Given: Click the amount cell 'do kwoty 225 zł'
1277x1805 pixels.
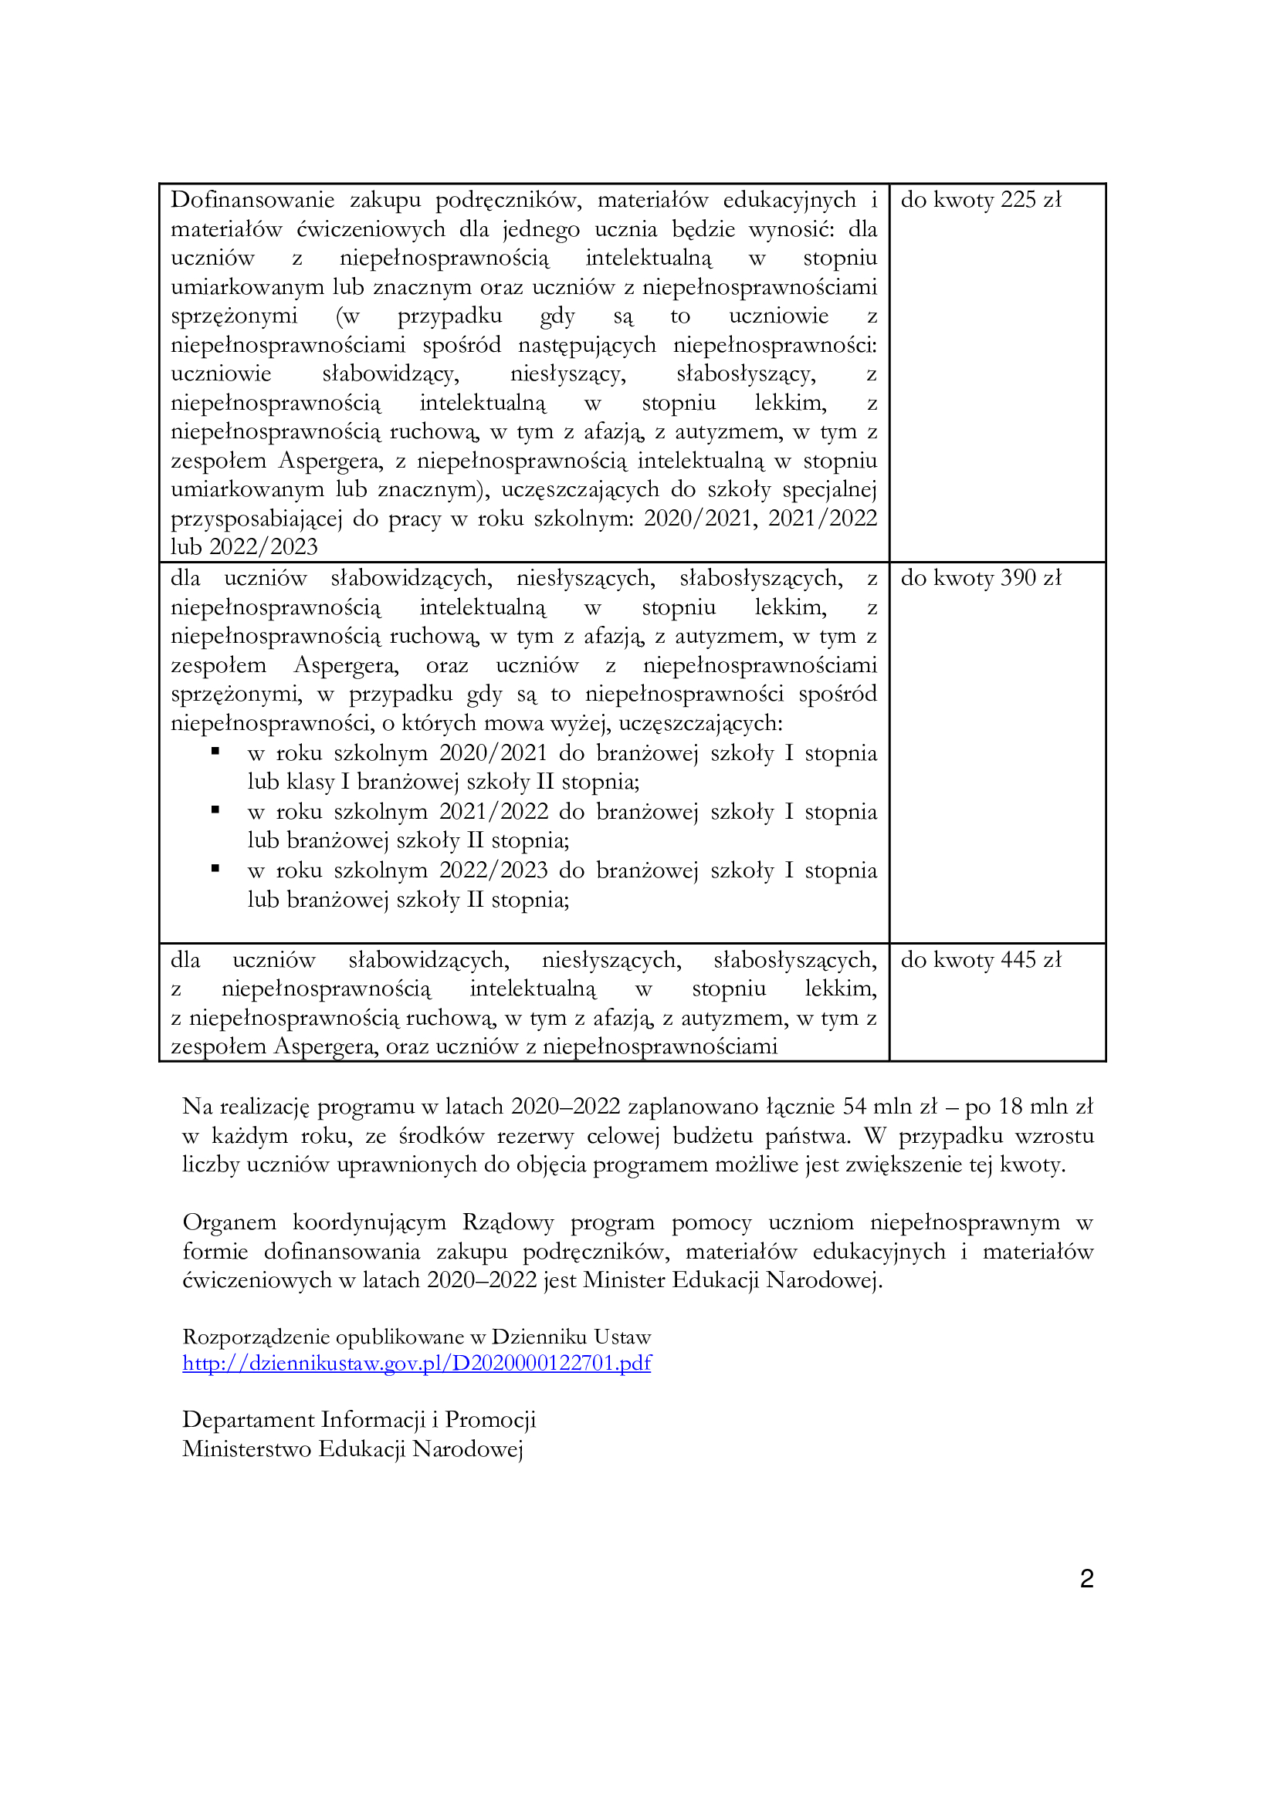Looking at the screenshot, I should tap(981, 201).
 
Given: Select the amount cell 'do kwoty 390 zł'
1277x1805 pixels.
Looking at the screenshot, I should tap(981, 579).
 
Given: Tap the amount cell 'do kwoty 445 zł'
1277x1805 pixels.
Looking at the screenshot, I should tap(981, 960).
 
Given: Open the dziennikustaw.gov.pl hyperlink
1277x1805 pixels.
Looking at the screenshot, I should tap(417, 1362).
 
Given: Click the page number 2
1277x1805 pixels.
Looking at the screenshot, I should tap(1087, 1579).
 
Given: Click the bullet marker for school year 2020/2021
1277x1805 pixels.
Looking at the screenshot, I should tap(215, 752).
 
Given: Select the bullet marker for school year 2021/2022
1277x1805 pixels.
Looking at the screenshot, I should tap(215, 810).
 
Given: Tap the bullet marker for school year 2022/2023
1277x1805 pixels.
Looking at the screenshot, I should tap(215, 869).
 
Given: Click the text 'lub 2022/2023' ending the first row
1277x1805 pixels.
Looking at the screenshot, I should tap(244, 547).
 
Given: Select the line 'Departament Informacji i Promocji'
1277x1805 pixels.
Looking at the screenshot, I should tap(358, 1420).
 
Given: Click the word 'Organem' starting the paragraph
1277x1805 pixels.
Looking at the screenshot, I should tap(229, 1222).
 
